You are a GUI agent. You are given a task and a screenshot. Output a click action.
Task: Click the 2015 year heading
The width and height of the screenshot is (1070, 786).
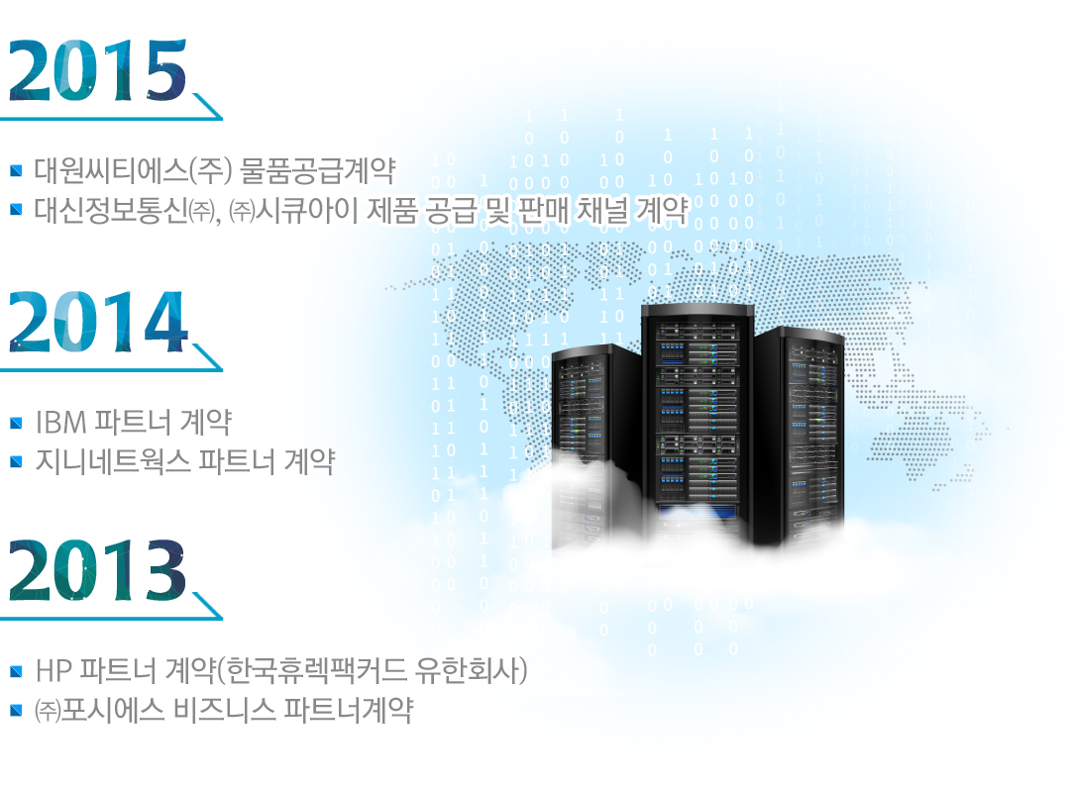(97, 71)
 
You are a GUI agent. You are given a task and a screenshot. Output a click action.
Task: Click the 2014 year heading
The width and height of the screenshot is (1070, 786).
(98, 322)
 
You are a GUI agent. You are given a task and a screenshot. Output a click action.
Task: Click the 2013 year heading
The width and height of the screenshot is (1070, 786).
(97, 570)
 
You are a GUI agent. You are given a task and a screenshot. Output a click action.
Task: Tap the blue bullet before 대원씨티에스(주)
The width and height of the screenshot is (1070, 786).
(17, 170)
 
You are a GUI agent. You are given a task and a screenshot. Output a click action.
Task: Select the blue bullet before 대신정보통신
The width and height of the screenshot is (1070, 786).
(17, 209)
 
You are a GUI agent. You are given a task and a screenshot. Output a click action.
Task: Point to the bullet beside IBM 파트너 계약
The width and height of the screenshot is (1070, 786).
(17, 424)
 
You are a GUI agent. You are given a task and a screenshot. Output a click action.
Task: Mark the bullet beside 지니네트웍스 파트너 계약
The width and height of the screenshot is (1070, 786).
(17, 462)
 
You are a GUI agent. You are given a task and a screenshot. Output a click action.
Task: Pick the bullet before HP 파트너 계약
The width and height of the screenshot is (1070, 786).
(17, 671)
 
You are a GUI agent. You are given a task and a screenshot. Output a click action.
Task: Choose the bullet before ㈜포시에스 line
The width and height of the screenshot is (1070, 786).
(17, 711)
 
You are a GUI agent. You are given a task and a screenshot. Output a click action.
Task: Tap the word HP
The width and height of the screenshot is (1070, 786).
(53, 671)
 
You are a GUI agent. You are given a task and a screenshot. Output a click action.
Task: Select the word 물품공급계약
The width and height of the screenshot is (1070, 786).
(318, 170)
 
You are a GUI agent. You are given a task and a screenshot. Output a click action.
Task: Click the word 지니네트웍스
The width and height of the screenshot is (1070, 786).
(113, 461)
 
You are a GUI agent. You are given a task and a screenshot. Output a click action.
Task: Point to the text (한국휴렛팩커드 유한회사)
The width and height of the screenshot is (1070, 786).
(373, 671)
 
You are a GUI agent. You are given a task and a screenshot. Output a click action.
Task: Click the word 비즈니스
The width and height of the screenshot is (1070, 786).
(225, 710)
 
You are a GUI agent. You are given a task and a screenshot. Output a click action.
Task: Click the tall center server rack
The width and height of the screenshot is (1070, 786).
(697, 423)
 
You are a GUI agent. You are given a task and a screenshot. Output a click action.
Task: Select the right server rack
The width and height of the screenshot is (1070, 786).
(800, 437)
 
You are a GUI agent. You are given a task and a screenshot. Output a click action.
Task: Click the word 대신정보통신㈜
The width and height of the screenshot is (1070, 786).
(125, 210)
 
